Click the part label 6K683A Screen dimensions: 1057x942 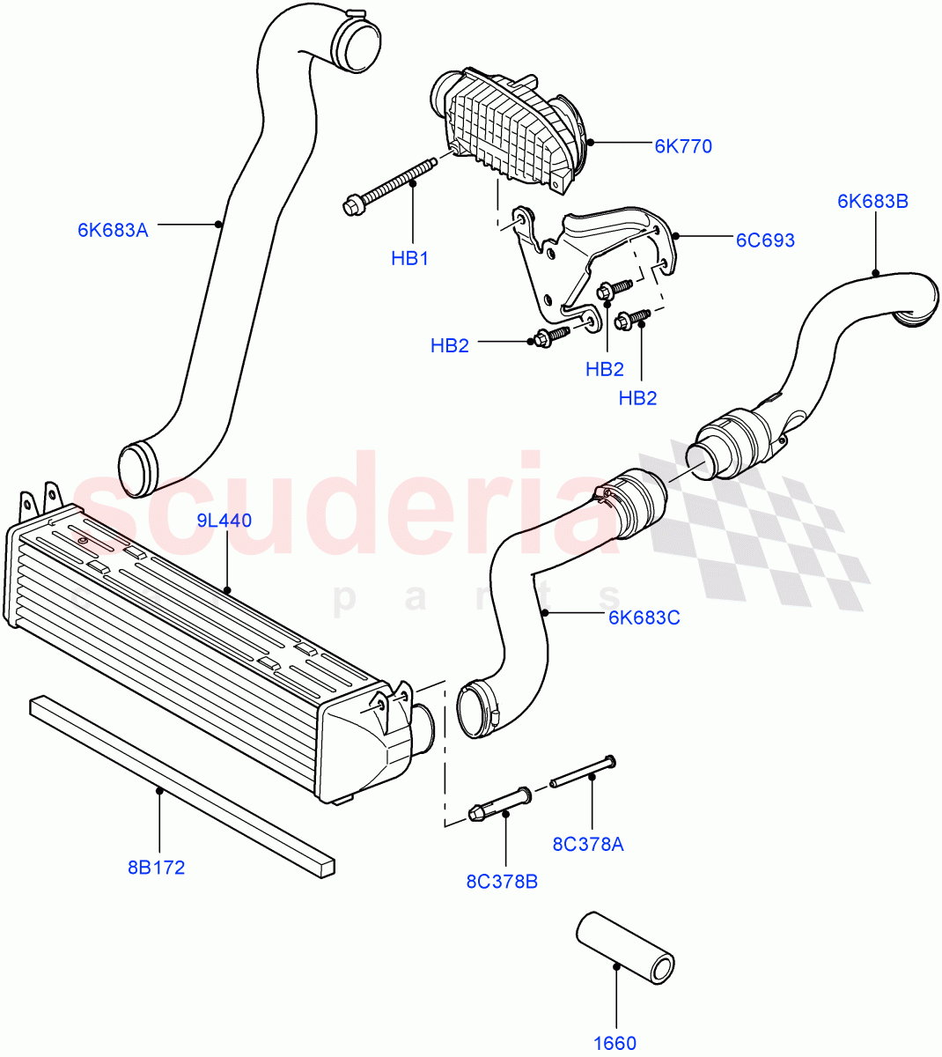(113, 231)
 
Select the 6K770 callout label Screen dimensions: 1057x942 (683, 146)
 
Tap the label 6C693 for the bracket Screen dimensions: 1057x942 (765, 240)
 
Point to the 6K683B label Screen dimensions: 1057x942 (872, 201)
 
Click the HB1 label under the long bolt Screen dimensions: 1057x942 (409, 259)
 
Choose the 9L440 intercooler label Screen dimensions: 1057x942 (224, 521)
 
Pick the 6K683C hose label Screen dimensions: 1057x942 (644, 617)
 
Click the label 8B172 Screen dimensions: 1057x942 (156, 868)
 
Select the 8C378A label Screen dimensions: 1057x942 (587, 844)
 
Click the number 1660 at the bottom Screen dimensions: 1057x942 (615, 1044)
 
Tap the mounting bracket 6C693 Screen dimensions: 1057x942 (599, 255)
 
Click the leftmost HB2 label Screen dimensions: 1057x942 (449, 346)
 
